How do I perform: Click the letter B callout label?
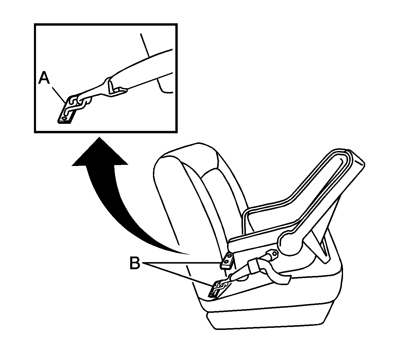coord(135,263)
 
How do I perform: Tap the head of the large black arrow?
coord(99,151)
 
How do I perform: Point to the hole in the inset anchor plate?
coord(64,119)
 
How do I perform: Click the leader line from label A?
coord(58,94)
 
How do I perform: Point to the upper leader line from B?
coord(182,263)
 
